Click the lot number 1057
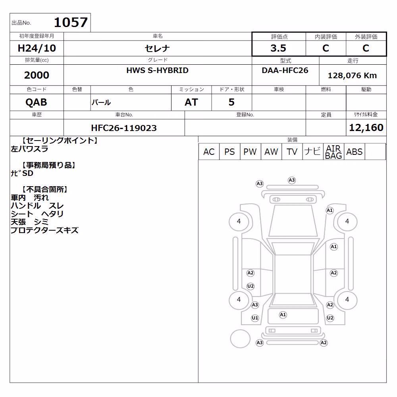click(x=71, y=22)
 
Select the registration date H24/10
click(x=37, y=48)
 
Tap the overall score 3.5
click(x=278, y=48)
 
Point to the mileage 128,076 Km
click(x=352, y=75)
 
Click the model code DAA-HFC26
click(x=285, y=70)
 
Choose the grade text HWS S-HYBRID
click(x=158, y=70)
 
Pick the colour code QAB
click(x=36, y=102)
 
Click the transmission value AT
click(x=191, y=102)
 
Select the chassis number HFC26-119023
click(x=124, y=128)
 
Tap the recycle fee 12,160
click(x=366, y=127)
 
